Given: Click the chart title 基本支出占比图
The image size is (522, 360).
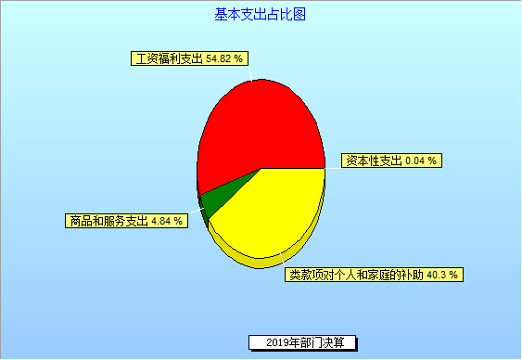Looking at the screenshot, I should click(261, 14).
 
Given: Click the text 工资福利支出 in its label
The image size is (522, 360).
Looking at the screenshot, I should click(168, 59).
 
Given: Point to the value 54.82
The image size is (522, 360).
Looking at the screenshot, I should click(219, 59).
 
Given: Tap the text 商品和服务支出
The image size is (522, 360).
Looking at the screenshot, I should click(108, 221).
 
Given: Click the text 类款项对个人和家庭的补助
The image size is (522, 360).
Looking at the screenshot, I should click(354, 275).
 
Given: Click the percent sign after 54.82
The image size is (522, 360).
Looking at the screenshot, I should click(239, 59).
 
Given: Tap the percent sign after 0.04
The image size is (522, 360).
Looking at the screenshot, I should click(433, 161).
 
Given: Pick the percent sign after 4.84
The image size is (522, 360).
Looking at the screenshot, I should click(179, 221).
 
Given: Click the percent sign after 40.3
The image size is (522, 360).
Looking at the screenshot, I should click(453, 275).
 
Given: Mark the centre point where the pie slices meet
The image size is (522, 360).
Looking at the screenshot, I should click(261, 168).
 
